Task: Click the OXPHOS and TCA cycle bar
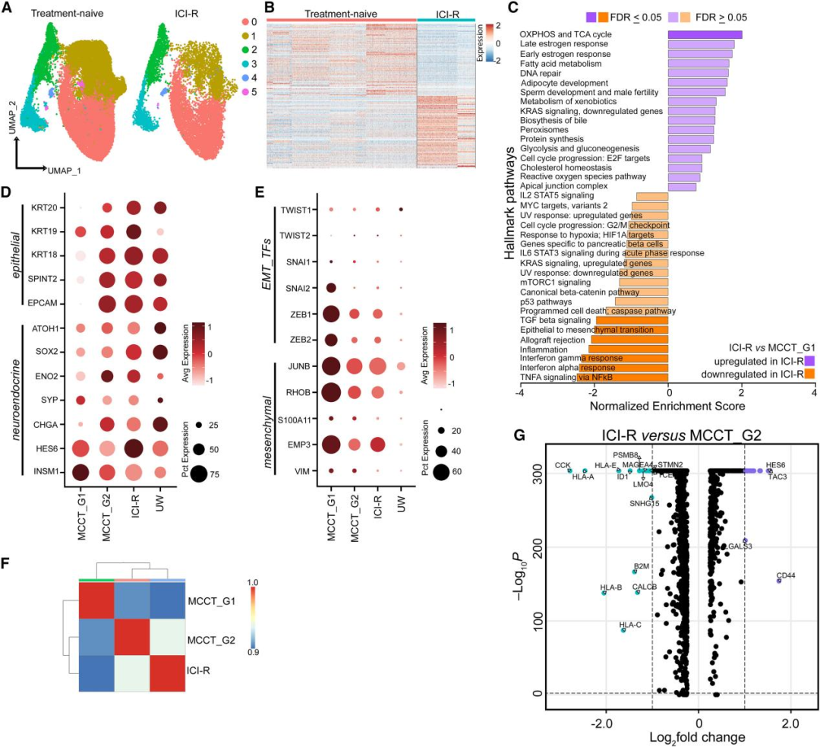pyautogui.click(x=705, y=34)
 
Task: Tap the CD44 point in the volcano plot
pyautogui.click(x=778, y=581)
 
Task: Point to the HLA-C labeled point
pyautogui.click(x=623, y=630)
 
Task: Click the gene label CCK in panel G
pyautogui.click(x=562, y=464)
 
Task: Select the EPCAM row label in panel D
pyautogui.click(x=39, y=303)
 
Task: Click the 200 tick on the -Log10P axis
pyautogui.click(x=534, y=547)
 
